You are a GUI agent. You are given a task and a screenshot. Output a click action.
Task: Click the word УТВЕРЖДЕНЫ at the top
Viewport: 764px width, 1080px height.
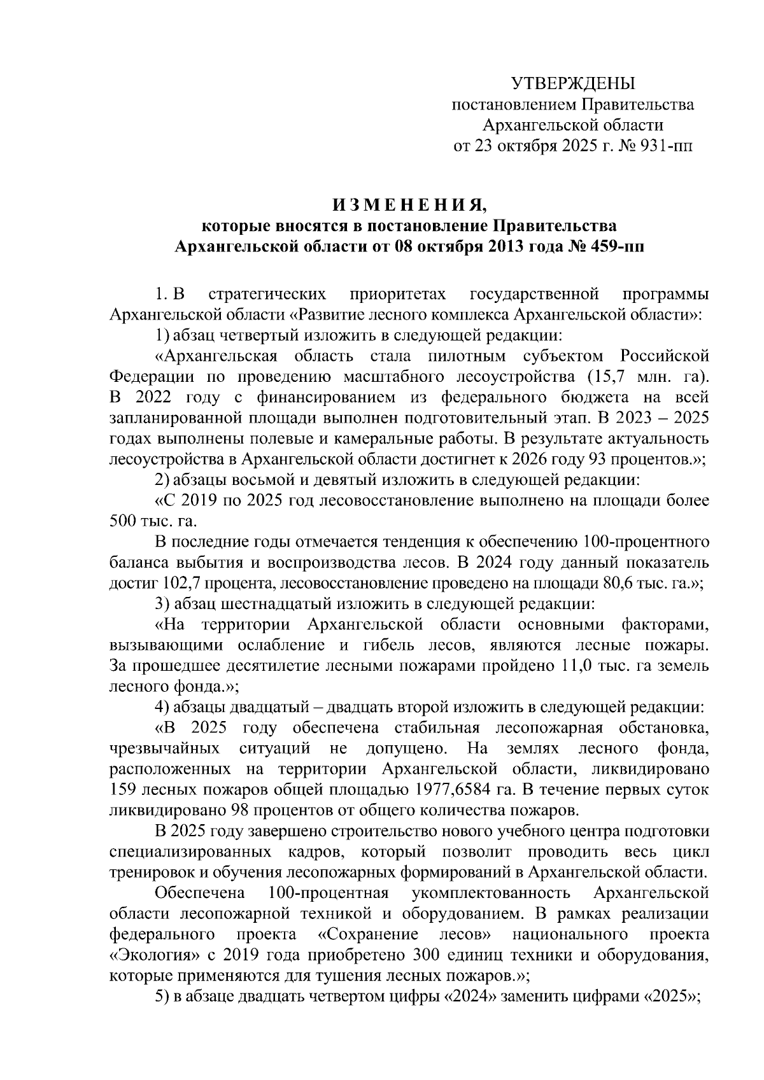[573, 83]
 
